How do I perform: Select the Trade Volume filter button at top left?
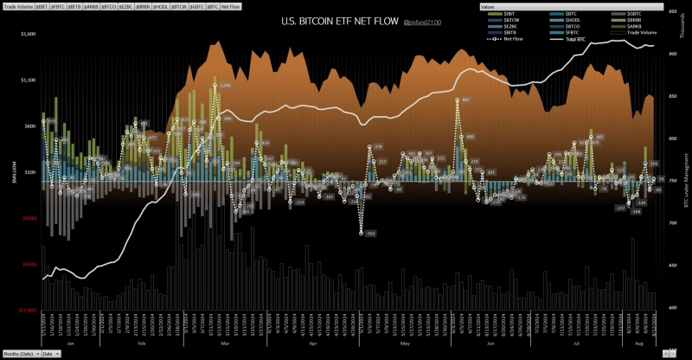[x=18, y=6]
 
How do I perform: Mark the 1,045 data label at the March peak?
[x=225, y=85]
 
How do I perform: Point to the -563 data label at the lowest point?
[x=369, y=234]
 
